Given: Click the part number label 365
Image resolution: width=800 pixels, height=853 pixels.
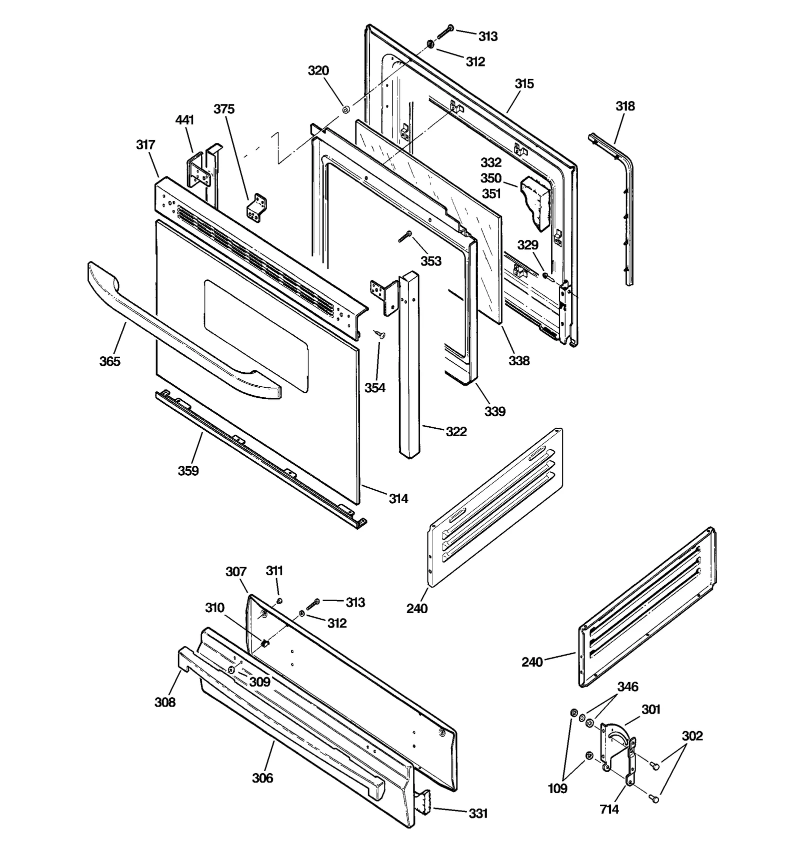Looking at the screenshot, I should pyautogui.click(x=109, y=361).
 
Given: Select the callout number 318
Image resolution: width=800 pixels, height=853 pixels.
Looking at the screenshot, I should pyautogui.click(x=625, y=106).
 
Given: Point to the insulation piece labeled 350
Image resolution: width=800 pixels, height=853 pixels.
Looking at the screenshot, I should pyautogui.click(x=536, y=202).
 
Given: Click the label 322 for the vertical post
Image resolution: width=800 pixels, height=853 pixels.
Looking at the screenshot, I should pyautogui.click(x=456, y=432).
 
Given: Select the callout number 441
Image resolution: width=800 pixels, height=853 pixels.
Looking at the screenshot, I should pyautogui.click(x=184, y=120).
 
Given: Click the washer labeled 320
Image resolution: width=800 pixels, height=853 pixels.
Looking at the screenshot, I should pyautogui.click(x=345, y=109).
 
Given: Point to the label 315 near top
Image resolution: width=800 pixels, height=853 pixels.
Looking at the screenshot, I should pyautogui.click(x=524, y=83).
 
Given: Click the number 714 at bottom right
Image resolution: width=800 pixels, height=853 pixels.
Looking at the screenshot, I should pyautogui.click(x=609, y=809).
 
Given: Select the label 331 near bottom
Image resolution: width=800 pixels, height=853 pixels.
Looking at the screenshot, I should pyautogui.click(x=478, y=814).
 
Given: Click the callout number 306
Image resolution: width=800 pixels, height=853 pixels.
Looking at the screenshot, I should pyautogui.click(x=262, y=778).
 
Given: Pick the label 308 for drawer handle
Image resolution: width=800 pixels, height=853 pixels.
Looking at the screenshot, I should pyautogui.click(x=165, y=702).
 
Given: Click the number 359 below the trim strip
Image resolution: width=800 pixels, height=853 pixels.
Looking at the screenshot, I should pyautogui.click(x=188, y=471).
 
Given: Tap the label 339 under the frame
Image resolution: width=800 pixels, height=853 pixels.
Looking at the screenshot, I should pyautogui.click(x=494, y=412).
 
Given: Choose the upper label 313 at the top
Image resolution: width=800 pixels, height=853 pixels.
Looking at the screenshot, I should pyautogui.click(x=488, y=36).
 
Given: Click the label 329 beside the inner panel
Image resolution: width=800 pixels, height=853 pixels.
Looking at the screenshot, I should pyautogui.click(x=527, y=245).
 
